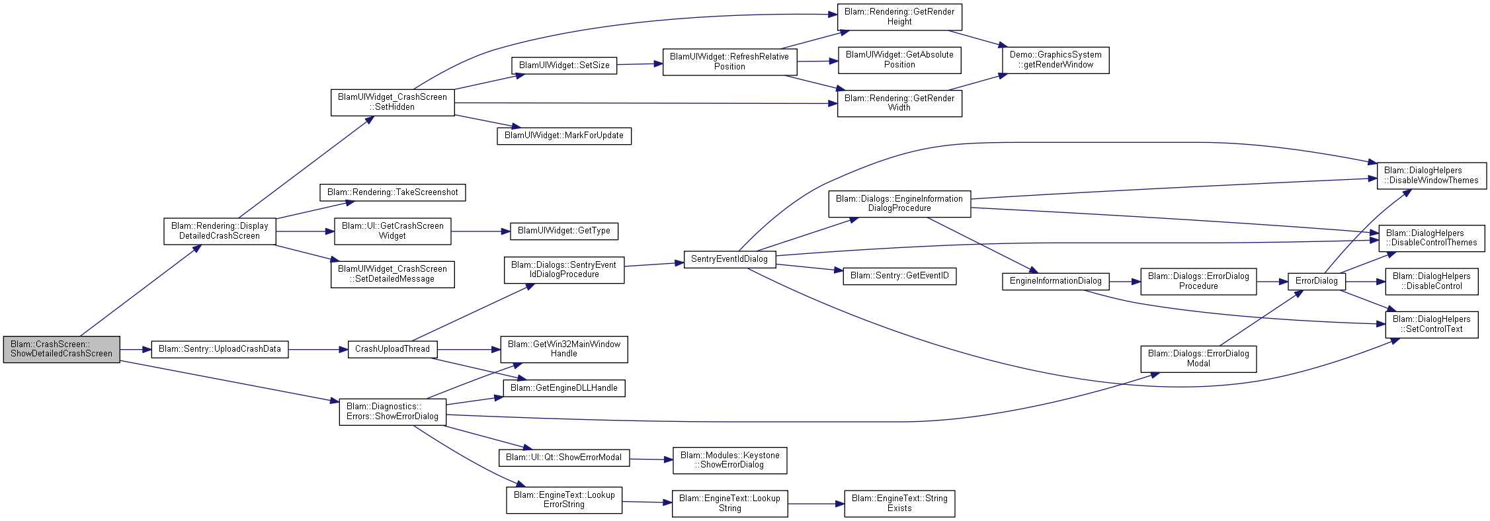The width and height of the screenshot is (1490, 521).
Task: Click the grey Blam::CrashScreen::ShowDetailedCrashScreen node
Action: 62,349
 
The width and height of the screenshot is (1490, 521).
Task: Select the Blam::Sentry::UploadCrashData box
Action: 220,349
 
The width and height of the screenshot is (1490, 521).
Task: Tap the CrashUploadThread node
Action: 392,349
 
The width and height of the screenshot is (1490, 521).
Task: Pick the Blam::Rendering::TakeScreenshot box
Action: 393,192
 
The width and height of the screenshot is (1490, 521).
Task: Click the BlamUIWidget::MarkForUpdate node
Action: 564,136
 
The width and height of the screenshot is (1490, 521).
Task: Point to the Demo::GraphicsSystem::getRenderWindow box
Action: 1055,60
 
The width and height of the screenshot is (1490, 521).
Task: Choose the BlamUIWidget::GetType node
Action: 564,231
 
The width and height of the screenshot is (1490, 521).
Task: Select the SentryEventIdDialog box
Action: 729,259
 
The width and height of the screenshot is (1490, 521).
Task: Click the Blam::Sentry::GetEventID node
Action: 899,276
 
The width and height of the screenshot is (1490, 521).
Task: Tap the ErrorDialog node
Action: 1316,281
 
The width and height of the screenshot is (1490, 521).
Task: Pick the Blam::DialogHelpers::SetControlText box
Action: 1432,325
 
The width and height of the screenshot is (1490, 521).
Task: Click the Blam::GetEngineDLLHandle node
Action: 564,388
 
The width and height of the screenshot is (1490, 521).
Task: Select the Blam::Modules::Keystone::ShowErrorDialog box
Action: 730,460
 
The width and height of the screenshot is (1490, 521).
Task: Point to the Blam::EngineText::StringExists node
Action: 899,504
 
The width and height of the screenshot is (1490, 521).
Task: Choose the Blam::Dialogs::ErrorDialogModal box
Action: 1198,359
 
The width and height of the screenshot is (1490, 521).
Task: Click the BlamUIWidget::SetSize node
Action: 564,65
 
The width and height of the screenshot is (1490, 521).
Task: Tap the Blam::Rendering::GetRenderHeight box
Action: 899,17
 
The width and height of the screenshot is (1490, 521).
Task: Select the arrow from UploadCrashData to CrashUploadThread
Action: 318,349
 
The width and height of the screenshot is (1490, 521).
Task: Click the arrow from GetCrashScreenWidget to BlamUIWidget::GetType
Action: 481,231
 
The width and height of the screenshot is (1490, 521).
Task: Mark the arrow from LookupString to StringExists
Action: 816,504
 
